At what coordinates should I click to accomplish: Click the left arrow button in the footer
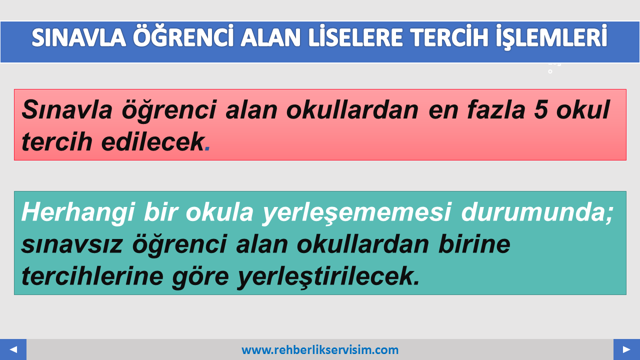pyautogui.click(x=13, y=349)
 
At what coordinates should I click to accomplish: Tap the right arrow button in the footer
pyautogui.click(x=626, y=349)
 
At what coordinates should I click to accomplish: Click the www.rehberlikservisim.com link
pyautogui.click(x=320, y=350)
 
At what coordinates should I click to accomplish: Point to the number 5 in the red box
pyautogui.click(x=541, y=110)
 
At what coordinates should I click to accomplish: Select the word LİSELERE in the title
pyautogui.click(x=355, y=37)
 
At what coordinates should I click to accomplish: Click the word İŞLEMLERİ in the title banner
pyautogui.click(x=551, y=37)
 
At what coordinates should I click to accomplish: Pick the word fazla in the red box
pyautogui.click(x=496, y=109)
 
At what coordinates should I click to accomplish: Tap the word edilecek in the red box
pyautogui.click(x=152, y=141)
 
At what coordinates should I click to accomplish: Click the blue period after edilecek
pyautogui.click(x=207, y=148)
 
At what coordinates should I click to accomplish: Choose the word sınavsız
pyautogui.click(x=72, y=244)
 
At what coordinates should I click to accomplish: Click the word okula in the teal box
pyautogui.click(x=219, y=212)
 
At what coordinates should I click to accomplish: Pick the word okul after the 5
pyautogui.click(x=583, y=109)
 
